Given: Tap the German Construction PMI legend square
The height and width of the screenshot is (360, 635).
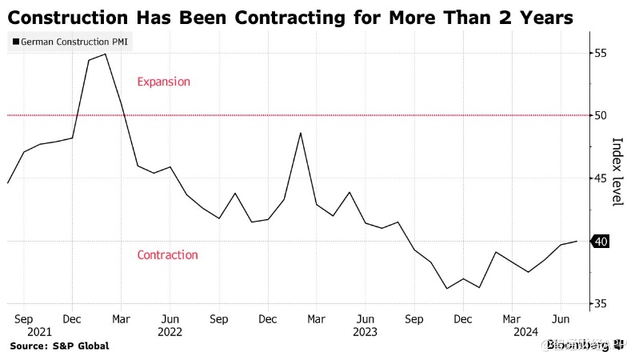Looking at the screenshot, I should [15, 41].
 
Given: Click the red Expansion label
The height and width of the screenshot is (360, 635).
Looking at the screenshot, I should [164, 82].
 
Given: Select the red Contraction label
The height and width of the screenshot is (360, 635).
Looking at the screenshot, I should [167, 255].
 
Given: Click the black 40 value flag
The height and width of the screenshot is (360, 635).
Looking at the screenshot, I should [600, 241].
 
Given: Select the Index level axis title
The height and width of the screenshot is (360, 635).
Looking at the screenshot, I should [617, 171].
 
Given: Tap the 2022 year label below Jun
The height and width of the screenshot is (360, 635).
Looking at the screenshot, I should [170, 331].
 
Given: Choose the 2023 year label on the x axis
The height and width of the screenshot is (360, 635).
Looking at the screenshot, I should [365, 331].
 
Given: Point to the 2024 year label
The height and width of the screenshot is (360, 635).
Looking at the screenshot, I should [526, 331].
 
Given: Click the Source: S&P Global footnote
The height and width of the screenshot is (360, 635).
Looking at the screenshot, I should [59, 346].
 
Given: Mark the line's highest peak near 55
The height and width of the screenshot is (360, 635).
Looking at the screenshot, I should [106, 54].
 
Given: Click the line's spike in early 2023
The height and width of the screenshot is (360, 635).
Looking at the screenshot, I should [300, 133].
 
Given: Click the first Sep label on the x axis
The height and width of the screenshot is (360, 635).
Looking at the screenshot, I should [24, 318].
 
